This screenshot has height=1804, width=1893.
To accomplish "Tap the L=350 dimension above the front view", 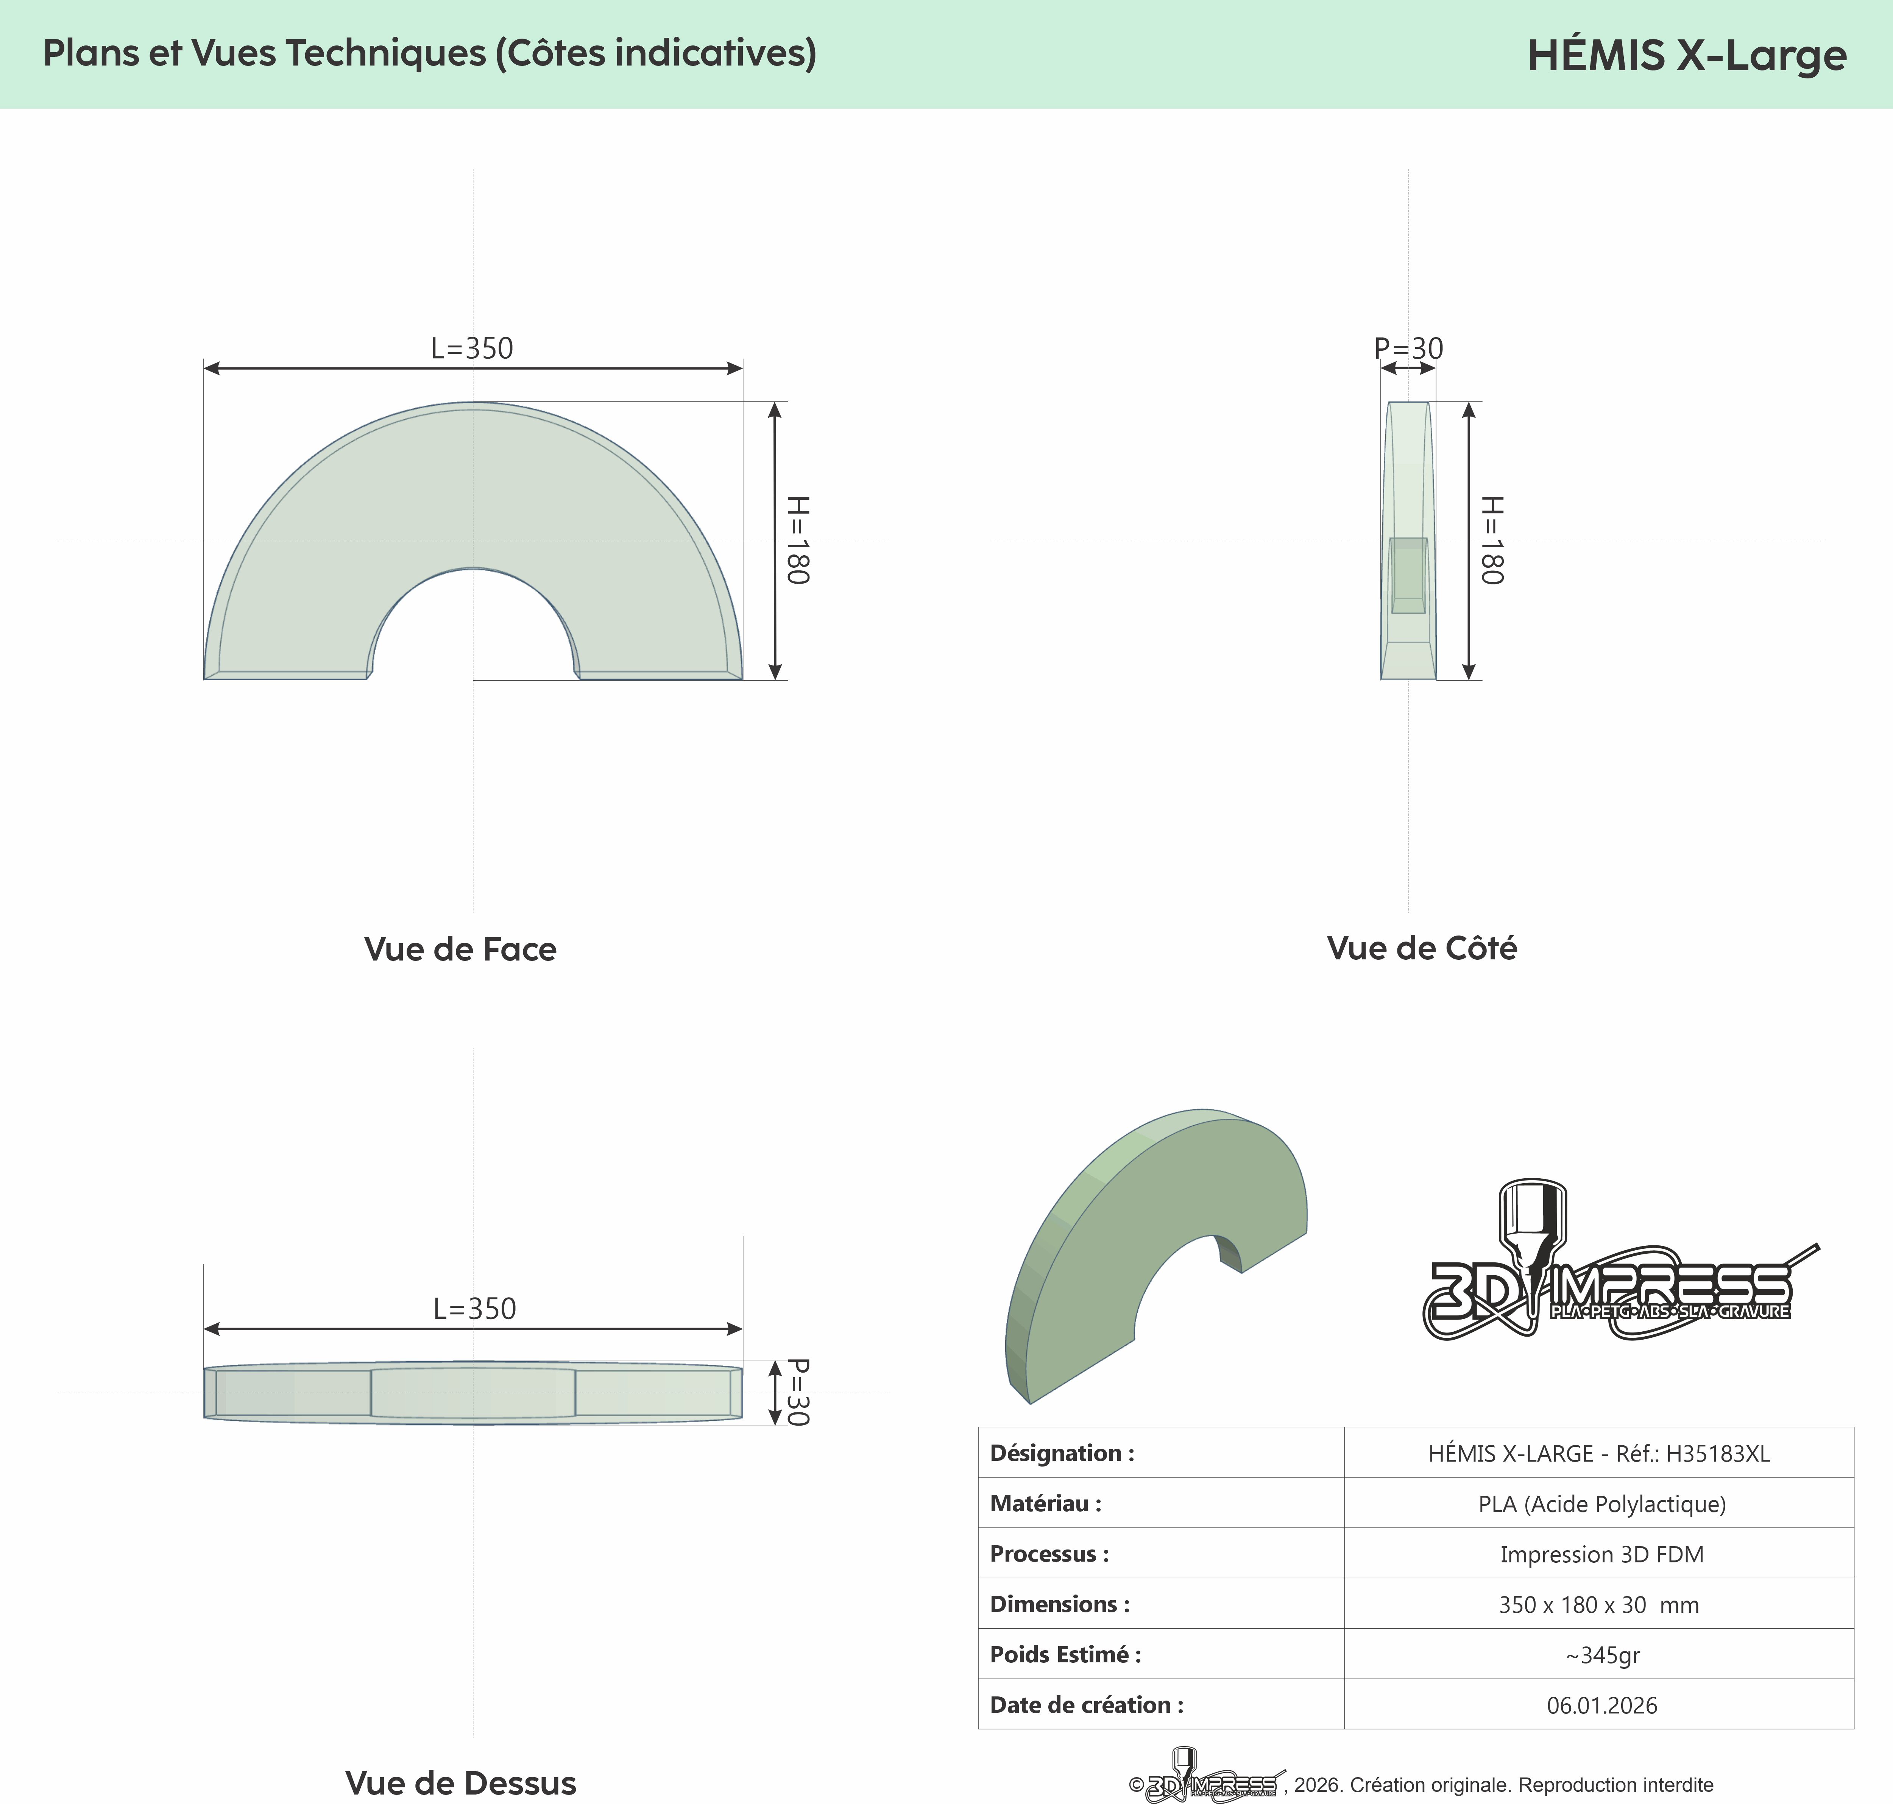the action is (472, 348).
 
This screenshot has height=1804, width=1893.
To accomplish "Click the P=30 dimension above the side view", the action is (1408, 348).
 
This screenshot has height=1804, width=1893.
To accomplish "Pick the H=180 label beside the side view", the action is (1491, 540).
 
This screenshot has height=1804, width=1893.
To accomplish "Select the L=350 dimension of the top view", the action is (475, 1309).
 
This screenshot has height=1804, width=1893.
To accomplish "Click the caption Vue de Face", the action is (460, 949).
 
